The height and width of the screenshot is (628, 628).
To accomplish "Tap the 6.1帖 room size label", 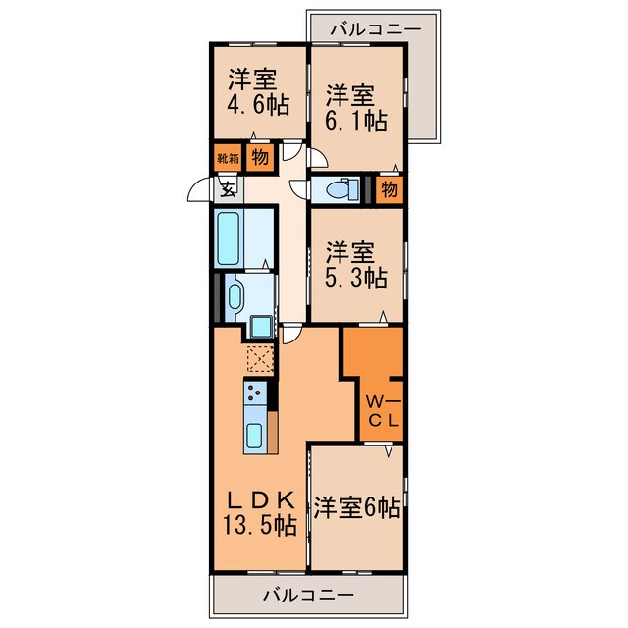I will [355, 121].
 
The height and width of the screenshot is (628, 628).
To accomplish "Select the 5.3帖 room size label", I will [354, 277].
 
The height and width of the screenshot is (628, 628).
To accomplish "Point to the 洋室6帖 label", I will [356, 508].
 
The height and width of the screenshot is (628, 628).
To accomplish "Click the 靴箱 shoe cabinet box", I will [228, 157].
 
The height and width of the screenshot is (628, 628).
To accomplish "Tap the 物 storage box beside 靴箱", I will [259, 157].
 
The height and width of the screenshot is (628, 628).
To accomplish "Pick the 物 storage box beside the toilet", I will [390, 188].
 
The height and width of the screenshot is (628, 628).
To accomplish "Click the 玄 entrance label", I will [227, 189].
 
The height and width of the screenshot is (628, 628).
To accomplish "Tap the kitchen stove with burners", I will [254, 395].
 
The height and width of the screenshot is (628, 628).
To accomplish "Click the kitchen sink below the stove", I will [254, 437].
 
